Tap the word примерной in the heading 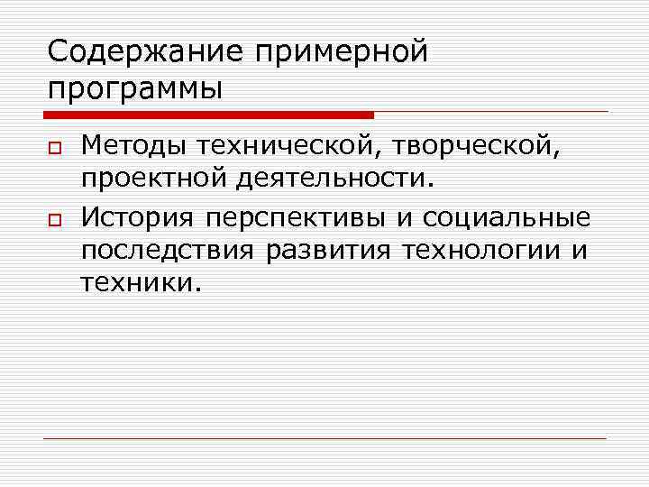[x=342, y=53]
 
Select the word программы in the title [x=134, y=91]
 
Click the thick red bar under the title [x=207, y=115]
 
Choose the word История [x=138, y=217]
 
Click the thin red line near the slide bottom [x=324, y=438]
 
